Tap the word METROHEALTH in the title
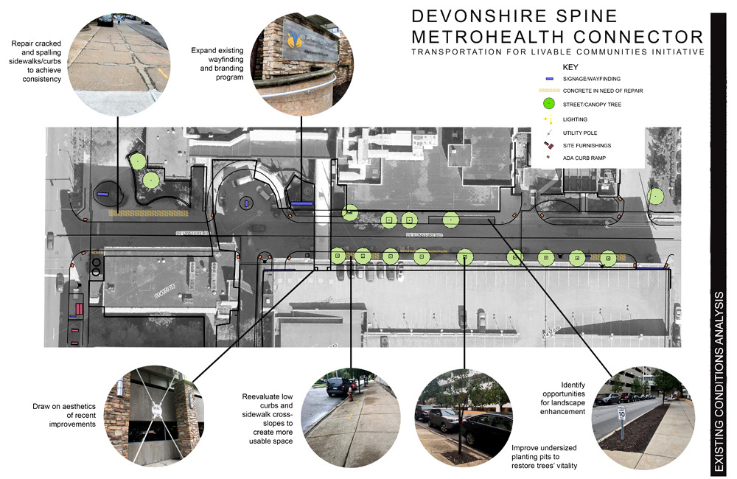(502, 37)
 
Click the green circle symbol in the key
(548, 105)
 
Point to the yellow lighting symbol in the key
(548, 119)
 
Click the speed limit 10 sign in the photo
(622, 413)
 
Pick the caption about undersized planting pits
(545, 456)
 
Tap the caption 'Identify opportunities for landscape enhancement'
(562, 398)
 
